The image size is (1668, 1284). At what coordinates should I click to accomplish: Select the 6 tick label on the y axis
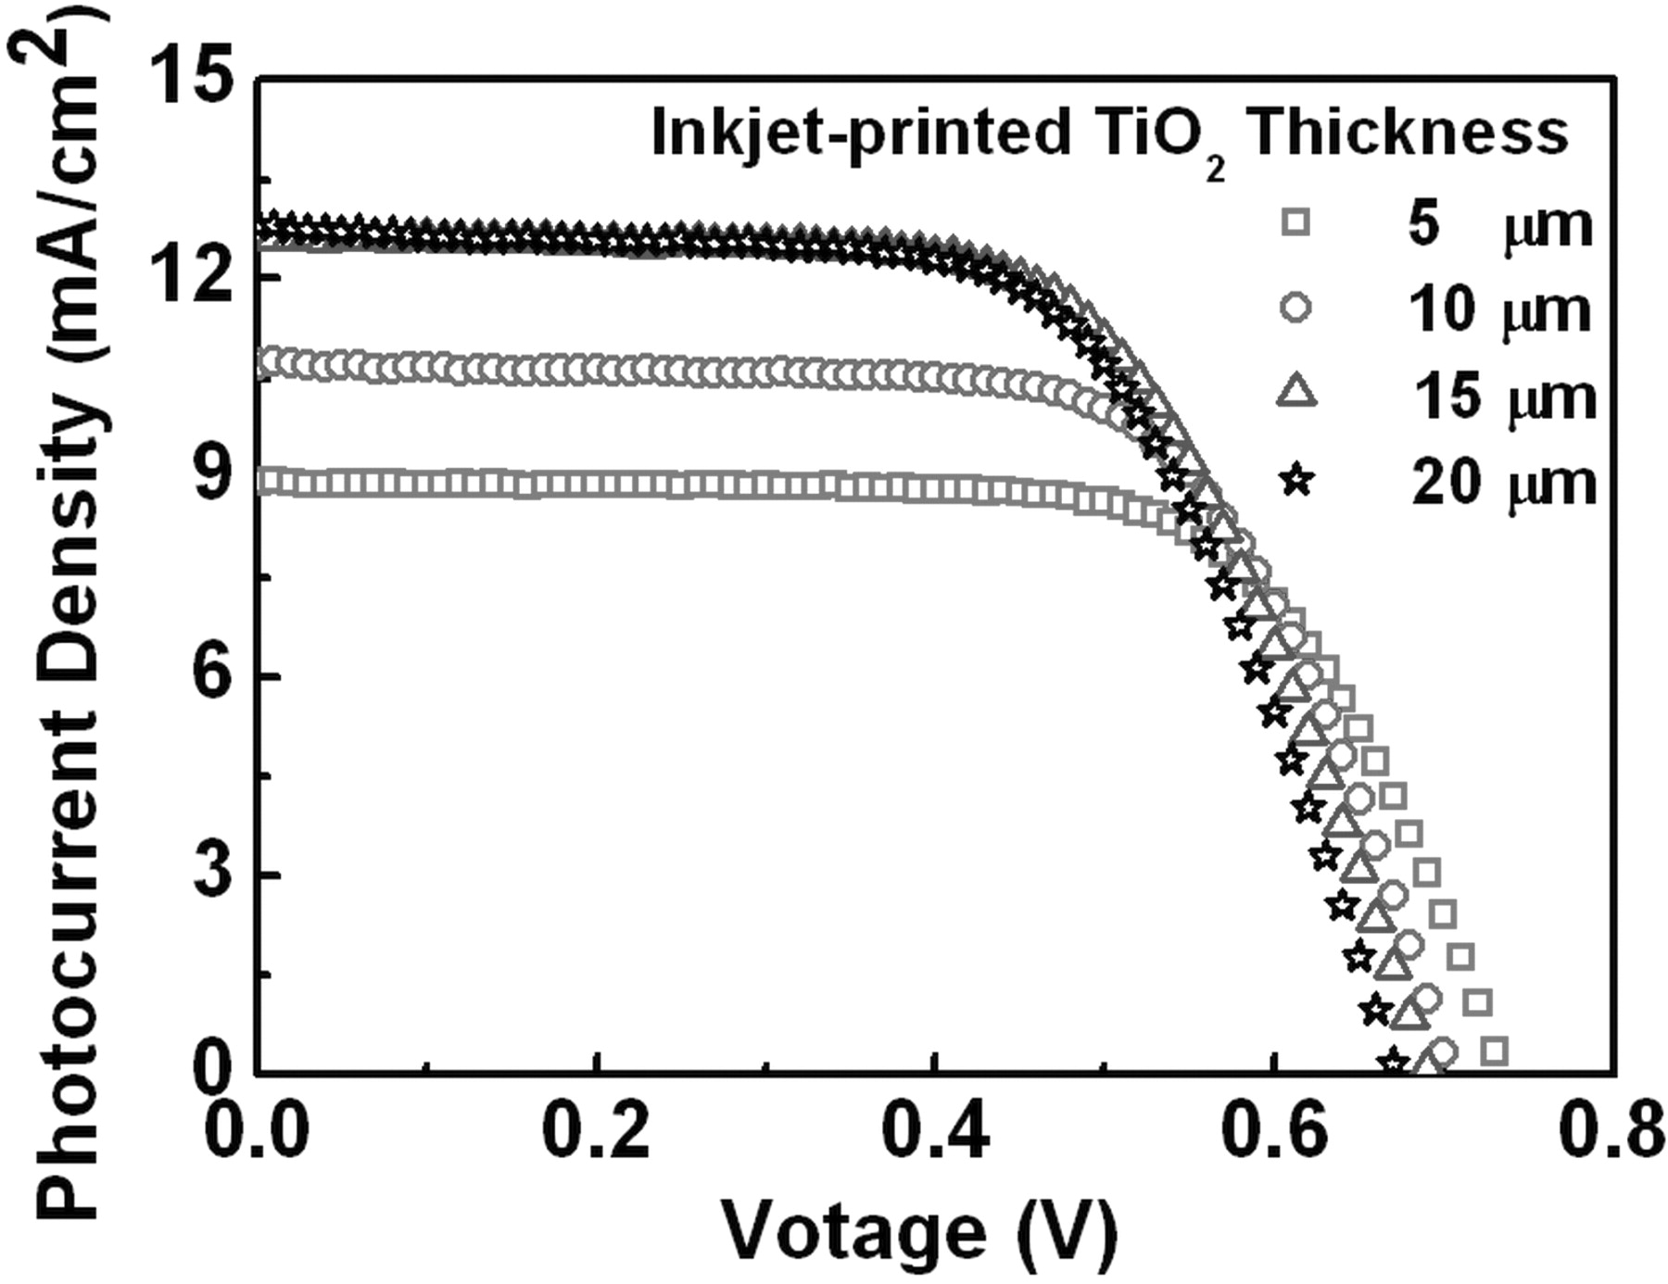214,676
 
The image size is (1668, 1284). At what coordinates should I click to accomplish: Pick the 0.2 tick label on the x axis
598,1133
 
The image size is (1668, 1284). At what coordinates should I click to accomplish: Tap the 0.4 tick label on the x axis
936,1133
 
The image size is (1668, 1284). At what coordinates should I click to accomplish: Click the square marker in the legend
1297,222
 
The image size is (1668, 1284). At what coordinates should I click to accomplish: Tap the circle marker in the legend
1297,308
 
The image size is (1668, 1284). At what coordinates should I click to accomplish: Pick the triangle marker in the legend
1297,394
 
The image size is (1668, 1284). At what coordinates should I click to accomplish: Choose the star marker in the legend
1297,482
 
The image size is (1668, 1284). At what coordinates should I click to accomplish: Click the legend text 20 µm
1504,482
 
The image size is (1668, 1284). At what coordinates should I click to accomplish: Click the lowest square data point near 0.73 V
1494,1051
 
